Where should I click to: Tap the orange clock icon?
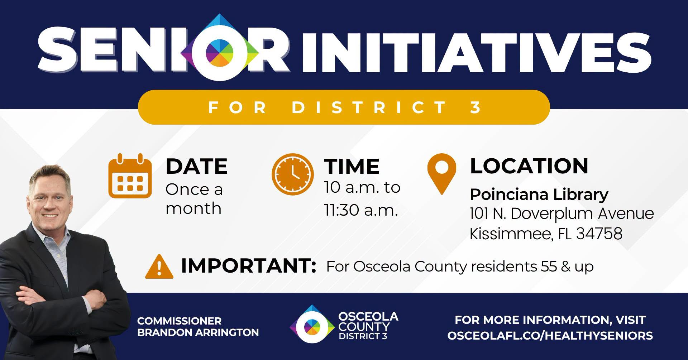click(x=293, y=174)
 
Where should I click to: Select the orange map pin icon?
click(x=442, y=174)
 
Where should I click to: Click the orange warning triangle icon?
click(x=159, y=267)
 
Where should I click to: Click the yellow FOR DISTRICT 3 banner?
click(x=344, y=107)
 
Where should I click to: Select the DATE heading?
click(x=196, y=166)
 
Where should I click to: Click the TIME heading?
click(x=352, y=167)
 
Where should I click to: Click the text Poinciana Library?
click(x=539, y=195)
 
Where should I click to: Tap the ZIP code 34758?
click(x=599, y=234)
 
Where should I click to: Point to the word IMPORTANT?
click(x=248, y=265)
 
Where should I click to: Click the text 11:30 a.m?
click(x=361, y=210)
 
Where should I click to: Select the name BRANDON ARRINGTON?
click(x=198, y=332)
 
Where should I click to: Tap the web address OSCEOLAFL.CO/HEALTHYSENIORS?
click(x=550, y=336)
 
